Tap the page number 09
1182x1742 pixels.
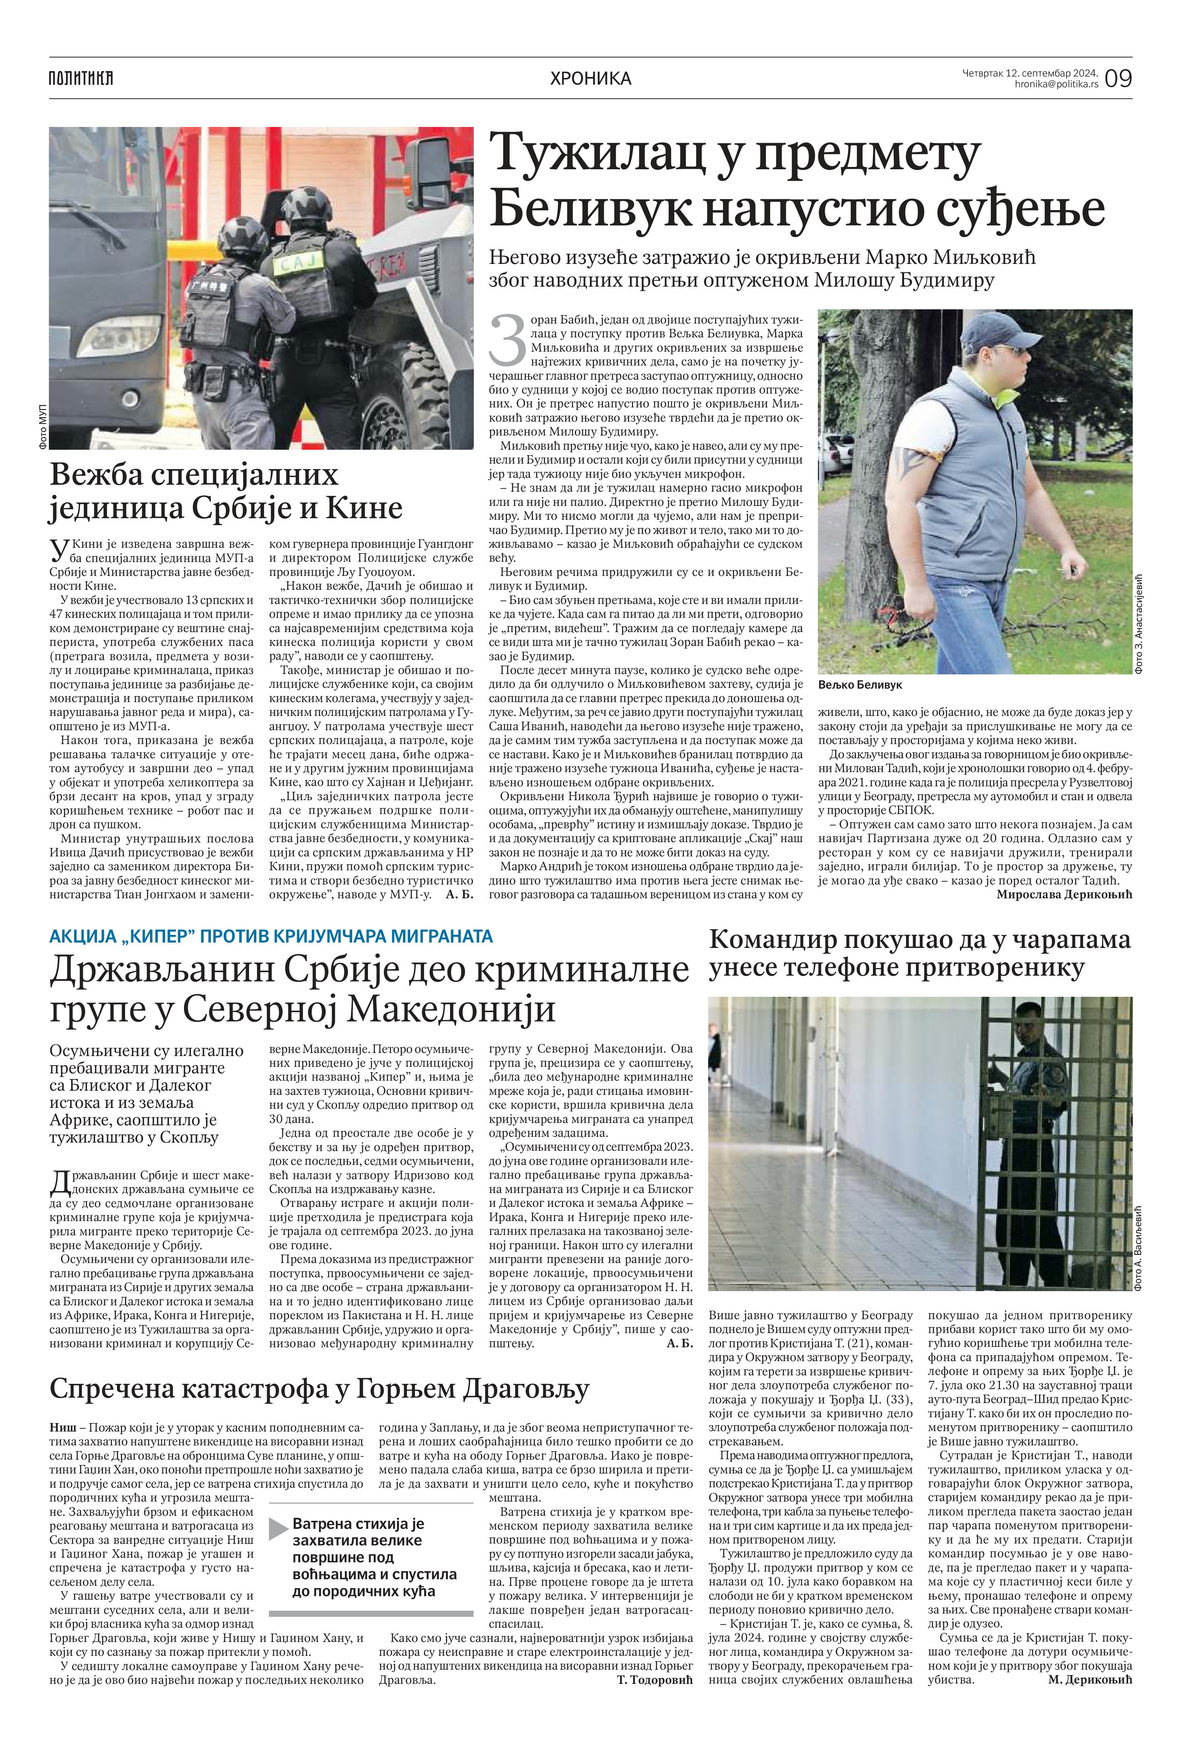[1118, 78]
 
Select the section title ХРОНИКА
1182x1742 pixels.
[590, 78]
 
